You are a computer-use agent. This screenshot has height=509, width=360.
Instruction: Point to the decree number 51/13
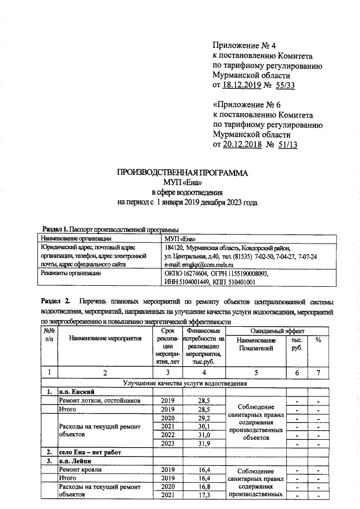[285, 145]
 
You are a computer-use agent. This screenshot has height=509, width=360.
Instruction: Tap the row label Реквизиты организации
[69, 273]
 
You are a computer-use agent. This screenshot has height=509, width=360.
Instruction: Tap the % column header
[318, 341]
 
